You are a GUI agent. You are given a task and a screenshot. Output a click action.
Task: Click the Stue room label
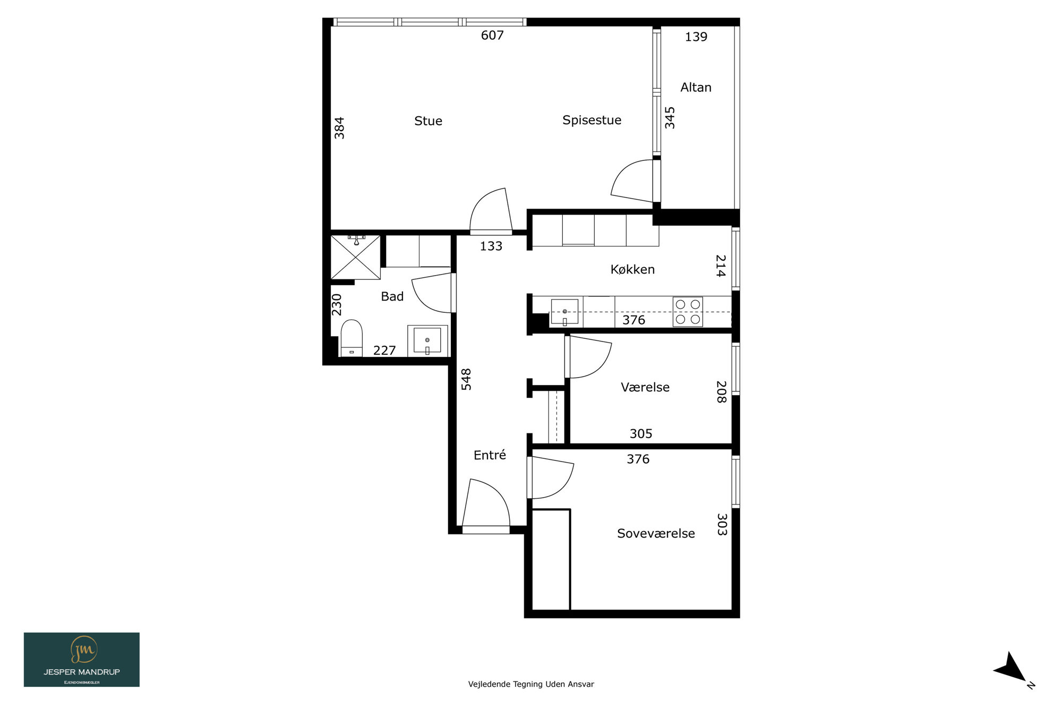(428, 121)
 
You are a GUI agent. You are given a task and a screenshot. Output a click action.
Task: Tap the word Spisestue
(592, 120)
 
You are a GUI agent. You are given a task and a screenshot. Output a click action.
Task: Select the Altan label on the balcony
(696, 87)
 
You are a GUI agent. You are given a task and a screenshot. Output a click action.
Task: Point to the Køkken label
(632, 269)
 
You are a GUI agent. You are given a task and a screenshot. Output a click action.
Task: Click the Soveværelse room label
(656, 533)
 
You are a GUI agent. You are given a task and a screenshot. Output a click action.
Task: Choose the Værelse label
(645, 387)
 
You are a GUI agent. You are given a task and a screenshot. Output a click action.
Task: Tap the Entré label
(490, 455)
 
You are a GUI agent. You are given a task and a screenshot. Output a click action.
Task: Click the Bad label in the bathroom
(392, 296)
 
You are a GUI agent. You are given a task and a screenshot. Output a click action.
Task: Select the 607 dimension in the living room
(492, 35)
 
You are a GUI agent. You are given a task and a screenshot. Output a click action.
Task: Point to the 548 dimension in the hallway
(466, 379)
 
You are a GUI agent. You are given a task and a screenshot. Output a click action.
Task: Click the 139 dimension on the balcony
(696, 37)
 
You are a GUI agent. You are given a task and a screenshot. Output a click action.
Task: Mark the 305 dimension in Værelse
(641, 433)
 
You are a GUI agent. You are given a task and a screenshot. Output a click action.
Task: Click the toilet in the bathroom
(352, 338)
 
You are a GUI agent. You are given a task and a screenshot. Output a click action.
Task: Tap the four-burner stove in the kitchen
(688, 312)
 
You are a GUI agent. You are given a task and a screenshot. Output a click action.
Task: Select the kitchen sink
(564, 312)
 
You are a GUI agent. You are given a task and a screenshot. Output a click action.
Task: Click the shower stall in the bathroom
(356, 257)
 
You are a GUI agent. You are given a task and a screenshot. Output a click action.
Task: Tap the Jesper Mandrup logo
(82, 660)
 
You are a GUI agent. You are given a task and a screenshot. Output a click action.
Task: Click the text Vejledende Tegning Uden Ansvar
(531, 684)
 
